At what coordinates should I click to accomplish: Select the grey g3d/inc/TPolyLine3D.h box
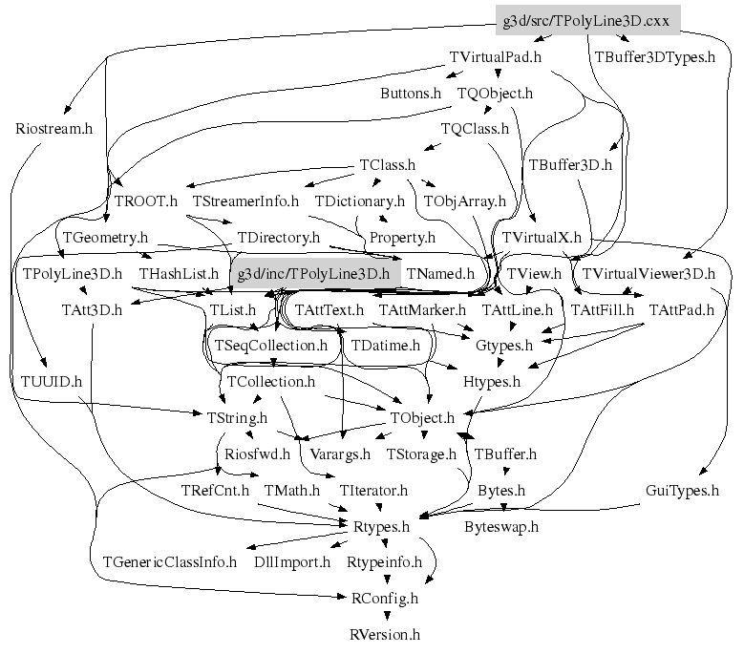click(x=314, y=273)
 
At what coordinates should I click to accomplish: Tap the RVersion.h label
click(x=384, y=634)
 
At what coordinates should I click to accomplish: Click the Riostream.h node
click(x=53, y=129)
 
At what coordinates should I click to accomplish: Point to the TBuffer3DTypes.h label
click(x=654, y=57)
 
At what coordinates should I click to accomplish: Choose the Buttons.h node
click(x=411, y=94)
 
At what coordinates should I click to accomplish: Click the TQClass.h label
click(x=475, y=129)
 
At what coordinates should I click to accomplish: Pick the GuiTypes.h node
click(x=682, y=491)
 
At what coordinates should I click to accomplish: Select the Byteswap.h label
click(x=501, y=526)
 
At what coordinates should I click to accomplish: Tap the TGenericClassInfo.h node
click(x=169, y=562)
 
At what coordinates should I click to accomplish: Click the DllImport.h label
click(x=292, y=562)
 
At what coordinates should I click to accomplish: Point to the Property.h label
click(x=402, y=237)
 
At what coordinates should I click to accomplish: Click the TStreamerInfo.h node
click(x=246, y=201)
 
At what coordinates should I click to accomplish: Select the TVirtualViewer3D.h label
click(x=648, y=274)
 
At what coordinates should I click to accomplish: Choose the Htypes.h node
click(x=491, y=381)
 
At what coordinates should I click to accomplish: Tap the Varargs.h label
click(x=341, y=454)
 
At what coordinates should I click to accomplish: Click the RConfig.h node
click(x=384, y=599)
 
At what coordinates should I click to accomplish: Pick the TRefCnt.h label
click(x=215, y=491)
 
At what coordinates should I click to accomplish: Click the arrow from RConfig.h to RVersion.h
click(x=384, y=616)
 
